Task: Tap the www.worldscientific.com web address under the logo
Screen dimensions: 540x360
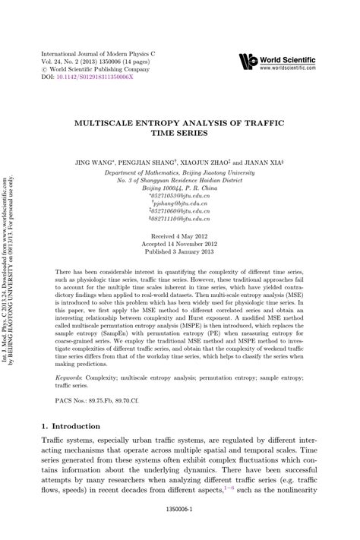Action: click(x=289, y=68)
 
